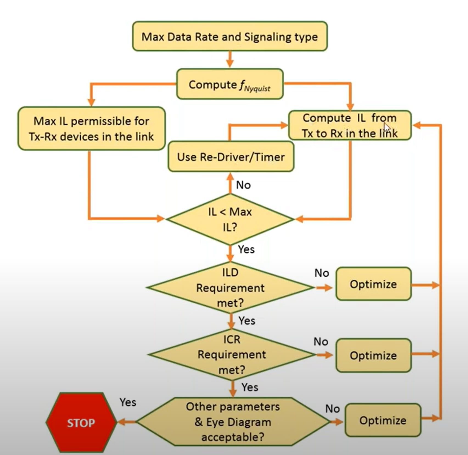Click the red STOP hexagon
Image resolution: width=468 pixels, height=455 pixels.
click(x=81, y=422)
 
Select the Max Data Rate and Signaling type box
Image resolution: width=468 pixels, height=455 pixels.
click(x=230, y=36)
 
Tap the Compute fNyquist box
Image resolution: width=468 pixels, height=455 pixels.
click(x=230, y=84)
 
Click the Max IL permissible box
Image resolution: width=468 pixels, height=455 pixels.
click(x=91, y=129)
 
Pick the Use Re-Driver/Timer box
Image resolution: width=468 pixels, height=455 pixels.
click(x=231, y=157)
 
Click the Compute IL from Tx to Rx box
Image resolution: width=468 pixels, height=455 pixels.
click(x=349, y=126)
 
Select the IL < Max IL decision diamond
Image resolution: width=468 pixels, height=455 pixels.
click(x=230, y=219)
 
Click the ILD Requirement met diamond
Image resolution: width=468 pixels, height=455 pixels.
click(x=230, y=288)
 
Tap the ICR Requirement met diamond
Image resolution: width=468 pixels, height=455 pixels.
click(x=232, y=354)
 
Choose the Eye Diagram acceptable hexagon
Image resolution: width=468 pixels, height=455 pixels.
click(x=233, y=422)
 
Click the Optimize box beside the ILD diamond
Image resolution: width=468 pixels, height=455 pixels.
click(x=373, y=284)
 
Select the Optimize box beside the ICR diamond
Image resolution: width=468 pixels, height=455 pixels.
click(x=373, y=355)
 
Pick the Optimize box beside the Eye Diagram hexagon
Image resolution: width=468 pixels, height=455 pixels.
click(x=383, y=420)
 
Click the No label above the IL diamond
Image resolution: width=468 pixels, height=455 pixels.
click(x=243, y=185)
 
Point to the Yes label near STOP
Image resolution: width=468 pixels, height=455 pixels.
click(x=128, y=402)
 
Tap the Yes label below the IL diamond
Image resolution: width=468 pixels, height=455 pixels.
click(x=246, y=249)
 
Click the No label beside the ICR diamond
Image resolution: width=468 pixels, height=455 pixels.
click(x=321, y=342)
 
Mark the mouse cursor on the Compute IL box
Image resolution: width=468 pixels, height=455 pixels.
click(x=387, y=128)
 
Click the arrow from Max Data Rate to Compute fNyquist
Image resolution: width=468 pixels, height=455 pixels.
click(x=230, y=59)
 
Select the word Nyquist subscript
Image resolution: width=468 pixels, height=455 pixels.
click(x=257, y=89)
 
